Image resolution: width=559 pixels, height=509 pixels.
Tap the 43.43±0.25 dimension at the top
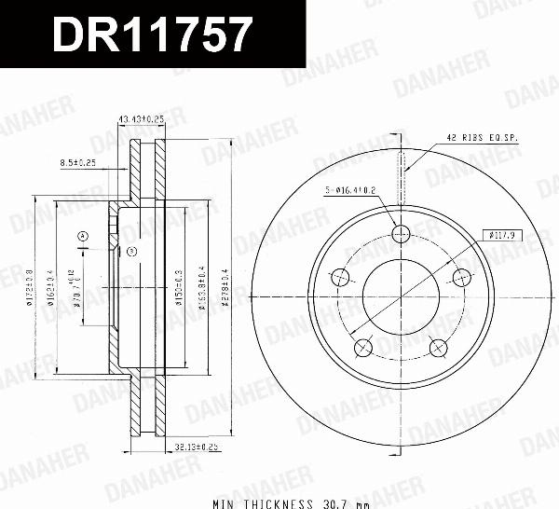click(141, 120)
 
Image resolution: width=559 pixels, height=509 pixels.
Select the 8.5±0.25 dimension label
click(78, 162)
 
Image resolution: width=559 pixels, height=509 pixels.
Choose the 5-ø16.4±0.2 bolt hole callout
click(352, 192)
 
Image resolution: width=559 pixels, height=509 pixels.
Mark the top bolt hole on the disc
click(401, 234)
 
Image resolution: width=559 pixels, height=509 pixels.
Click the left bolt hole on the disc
click(341, 278)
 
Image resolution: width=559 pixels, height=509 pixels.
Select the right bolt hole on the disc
click(460, 278)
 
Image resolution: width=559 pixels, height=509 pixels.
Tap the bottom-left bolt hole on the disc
click(363, 348)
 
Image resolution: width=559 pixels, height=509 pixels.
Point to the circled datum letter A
click(82, 236)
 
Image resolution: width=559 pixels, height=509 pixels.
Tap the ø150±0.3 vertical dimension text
click(178, 296)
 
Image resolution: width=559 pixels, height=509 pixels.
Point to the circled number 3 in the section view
click(130, 252)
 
